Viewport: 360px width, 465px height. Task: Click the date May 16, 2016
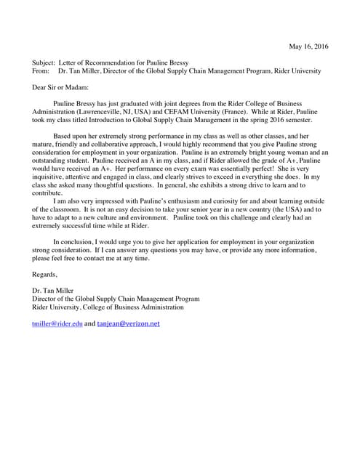tap(308, 47)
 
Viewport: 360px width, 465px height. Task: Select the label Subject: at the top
tap(45, 63)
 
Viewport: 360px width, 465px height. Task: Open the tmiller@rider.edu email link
tap(57, 323)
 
